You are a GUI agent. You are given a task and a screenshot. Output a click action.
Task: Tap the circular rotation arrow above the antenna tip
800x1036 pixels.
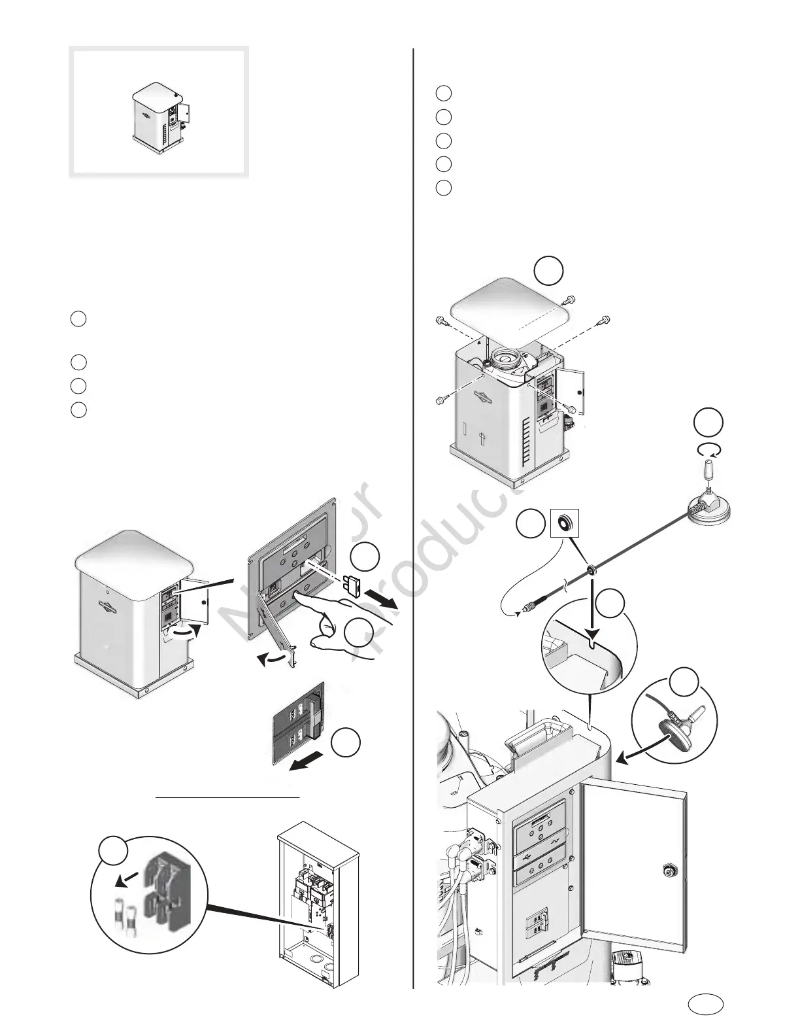708,449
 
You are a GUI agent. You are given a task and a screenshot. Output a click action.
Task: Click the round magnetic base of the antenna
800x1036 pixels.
710,509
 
